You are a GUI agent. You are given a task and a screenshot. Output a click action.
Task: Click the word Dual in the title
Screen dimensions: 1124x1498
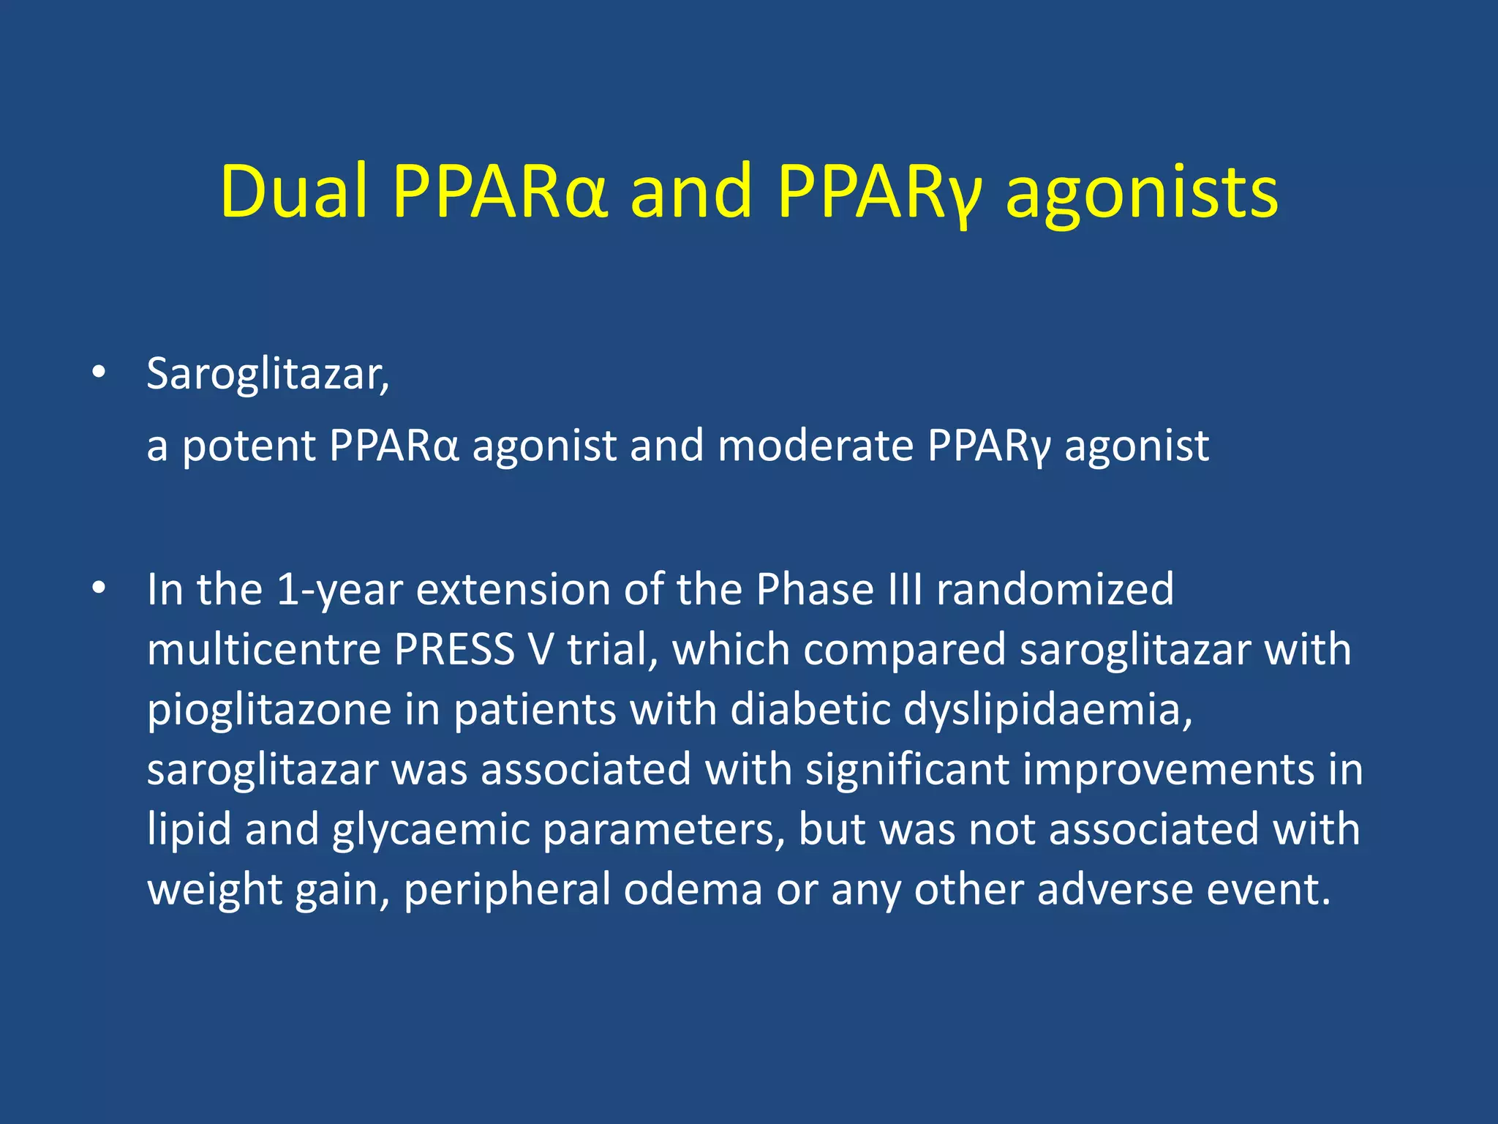coord(293,192)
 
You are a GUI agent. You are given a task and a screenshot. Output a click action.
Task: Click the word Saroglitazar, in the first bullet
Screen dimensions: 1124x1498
coord(268,375)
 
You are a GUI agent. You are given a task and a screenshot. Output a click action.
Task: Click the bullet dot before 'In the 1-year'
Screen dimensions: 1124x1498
coord(99,588)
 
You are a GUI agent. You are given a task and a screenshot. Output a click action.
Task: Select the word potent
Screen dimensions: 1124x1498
coord(249,446)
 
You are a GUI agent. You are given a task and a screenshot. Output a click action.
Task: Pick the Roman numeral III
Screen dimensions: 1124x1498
coord(905,589)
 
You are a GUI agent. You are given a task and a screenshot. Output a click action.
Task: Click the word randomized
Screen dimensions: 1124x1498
coord(1055,589)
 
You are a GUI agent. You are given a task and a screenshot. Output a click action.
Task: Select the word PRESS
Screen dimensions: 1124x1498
coord(454,649)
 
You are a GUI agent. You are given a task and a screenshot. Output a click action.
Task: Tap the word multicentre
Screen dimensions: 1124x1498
coord(264,649)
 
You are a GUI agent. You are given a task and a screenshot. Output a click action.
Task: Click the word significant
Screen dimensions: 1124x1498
coord(906,770)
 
